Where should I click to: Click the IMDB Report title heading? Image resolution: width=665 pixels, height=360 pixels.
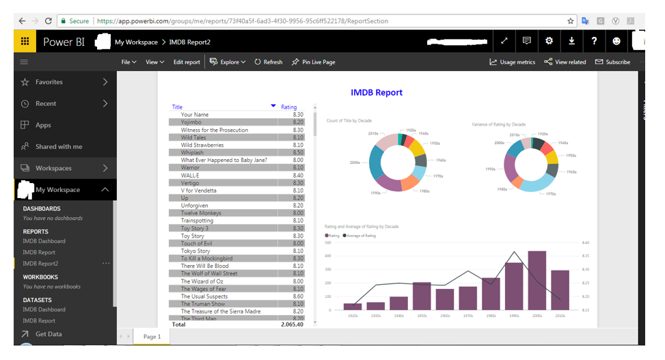377,92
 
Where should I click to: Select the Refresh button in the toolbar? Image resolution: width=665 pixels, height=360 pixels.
269,62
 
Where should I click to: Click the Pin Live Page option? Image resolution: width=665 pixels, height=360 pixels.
314,62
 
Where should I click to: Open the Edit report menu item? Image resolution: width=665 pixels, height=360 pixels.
187,62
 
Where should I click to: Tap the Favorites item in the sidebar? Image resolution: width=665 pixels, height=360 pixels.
49,82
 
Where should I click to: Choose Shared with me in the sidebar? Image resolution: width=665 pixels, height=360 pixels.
59,146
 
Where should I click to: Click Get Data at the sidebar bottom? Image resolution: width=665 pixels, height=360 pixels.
49,334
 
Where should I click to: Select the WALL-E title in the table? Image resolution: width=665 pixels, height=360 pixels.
191,175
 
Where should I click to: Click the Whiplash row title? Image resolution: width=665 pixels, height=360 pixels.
192,152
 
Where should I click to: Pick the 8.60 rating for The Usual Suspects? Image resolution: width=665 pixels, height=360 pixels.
298,296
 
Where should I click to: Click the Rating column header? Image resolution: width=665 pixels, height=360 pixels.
289,107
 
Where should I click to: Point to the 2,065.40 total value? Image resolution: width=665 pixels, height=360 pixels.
292,324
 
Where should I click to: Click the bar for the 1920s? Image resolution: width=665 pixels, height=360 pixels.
353,307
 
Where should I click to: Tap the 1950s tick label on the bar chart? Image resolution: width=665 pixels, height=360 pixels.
422,316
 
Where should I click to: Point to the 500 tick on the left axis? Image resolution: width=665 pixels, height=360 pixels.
328,243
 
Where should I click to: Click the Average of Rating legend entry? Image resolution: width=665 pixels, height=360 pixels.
361,236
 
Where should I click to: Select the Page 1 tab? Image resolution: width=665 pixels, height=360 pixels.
152,337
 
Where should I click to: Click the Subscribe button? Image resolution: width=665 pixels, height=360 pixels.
613,62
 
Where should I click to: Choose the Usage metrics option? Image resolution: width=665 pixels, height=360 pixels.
513,62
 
